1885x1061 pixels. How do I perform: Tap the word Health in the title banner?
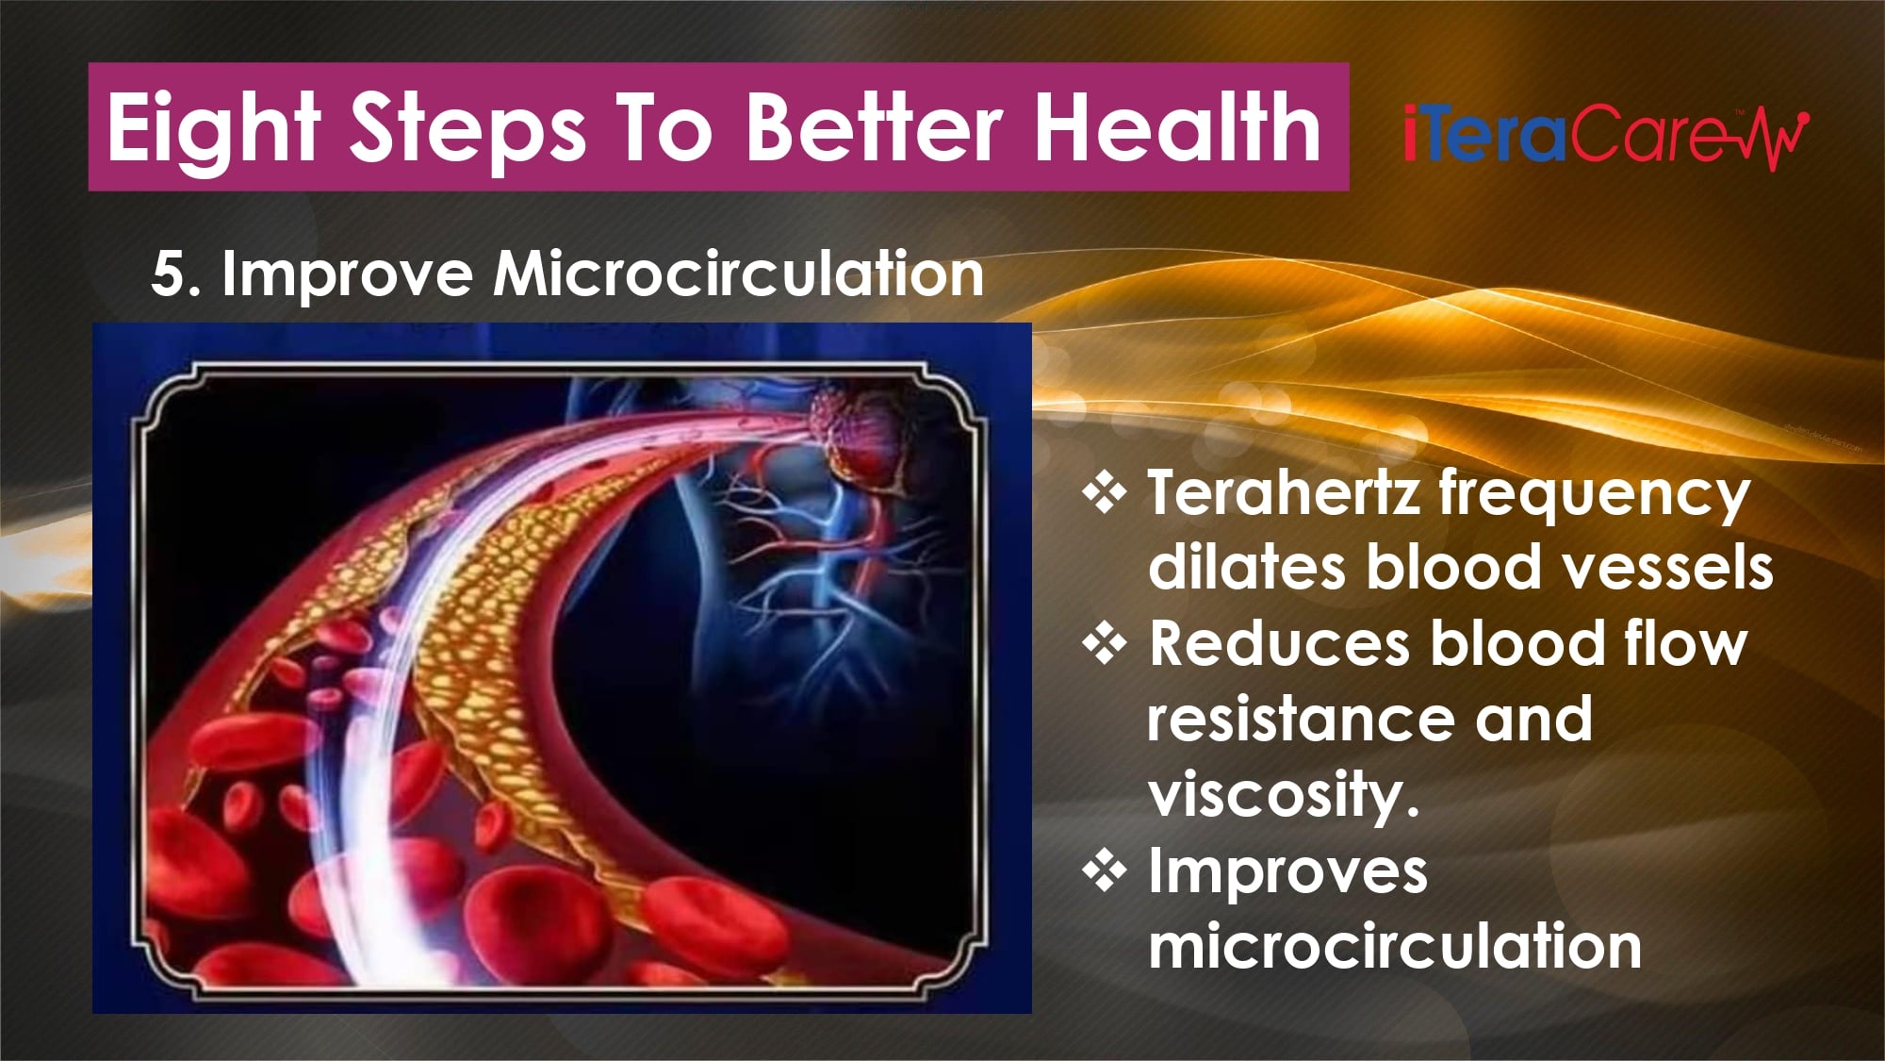pyautogui.click(x=1178, y=126)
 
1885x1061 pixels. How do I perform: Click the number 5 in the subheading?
pyautogui.click(x=168, y=275)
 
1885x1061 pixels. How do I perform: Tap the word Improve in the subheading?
pyautogui.click(x=347, y=275)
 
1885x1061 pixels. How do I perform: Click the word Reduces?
pyautogui.click(x=1279, y=643)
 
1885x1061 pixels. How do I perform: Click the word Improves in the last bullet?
pyautogui.click(x=1287, y=872)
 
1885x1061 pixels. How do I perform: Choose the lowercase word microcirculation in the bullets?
pyautogui.click(x=1395, y=945)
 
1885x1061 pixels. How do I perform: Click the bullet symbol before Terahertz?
pyautogui.click(x=1104, y=493)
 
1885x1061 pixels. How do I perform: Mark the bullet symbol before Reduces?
pyautogui.click(x=1104, y=644)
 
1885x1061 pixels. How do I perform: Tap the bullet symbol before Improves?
pyautogui.click(x=1104, y=871)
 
